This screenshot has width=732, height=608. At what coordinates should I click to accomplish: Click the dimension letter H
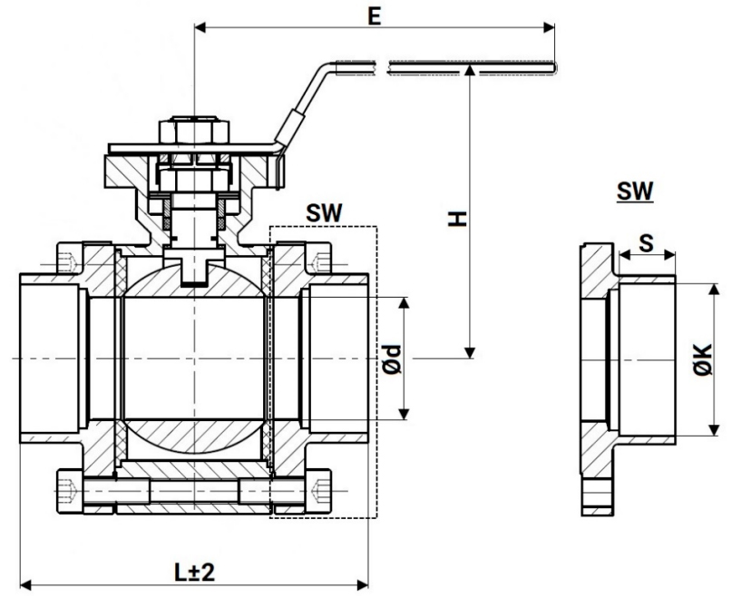(x=460, y=218)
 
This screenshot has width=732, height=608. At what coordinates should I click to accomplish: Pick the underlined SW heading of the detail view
(x=635, y=191)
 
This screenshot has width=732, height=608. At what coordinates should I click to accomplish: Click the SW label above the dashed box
(x=324, y=212)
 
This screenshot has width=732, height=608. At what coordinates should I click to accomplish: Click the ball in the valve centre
(x=194, y=358)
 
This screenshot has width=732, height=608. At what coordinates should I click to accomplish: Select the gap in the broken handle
(x=384, y=64)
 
